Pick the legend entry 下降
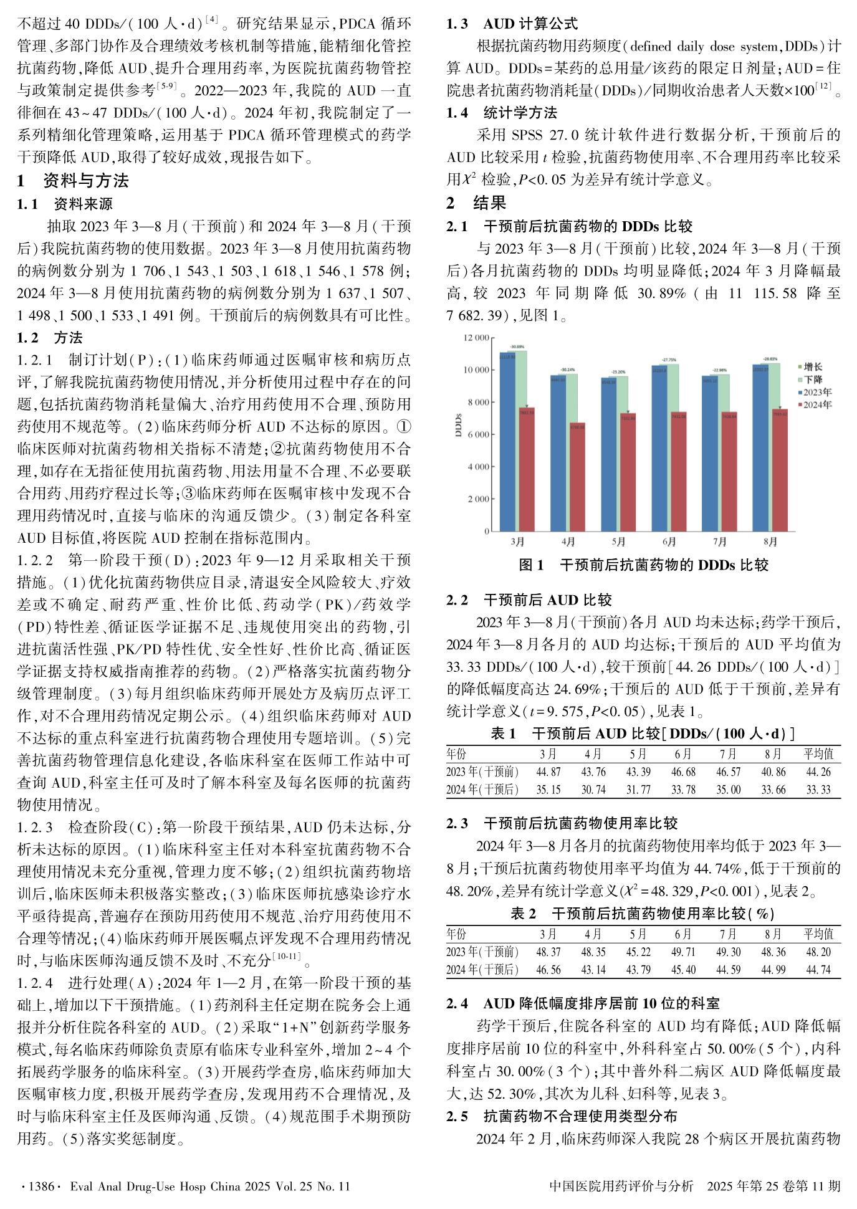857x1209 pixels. point(813,380)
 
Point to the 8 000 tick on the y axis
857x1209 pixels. point(479,403)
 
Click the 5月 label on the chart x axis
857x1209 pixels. point(618,542)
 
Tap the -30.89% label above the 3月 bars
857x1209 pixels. point(517,346)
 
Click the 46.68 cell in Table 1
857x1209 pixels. point(683,772)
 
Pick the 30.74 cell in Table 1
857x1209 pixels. point(593,790)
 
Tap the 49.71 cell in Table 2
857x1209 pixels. point(683,952)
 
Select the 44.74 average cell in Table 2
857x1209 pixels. point(818,970)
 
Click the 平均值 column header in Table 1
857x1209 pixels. point(818,754)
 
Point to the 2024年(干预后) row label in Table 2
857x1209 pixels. point(482,970)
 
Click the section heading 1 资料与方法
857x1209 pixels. point(73,181)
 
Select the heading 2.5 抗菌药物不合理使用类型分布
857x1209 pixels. point(561,1116)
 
